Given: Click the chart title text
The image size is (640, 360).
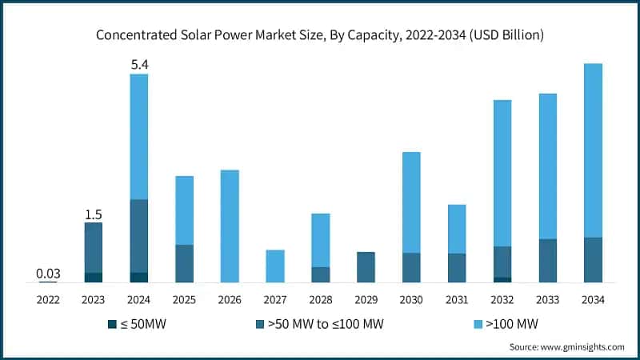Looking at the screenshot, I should (320, 34).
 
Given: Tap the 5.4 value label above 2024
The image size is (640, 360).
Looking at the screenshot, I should (139, 63).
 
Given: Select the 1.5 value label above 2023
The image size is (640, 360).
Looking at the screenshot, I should (94, 214).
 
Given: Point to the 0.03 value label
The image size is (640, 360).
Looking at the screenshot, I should (48, 274).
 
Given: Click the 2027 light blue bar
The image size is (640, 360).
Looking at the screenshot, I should (275, 266).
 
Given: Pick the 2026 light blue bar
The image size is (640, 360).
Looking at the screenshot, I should (230, 226).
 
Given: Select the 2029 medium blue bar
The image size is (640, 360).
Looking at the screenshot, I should (366, 266).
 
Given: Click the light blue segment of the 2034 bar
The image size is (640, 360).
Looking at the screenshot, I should (593, 150).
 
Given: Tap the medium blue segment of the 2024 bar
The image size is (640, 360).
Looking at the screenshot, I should (139, 236).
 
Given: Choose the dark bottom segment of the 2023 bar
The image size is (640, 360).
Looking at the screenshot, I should (94, 277).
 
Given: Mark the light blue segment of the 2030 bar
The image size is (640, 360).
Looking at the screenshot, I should (411, 202).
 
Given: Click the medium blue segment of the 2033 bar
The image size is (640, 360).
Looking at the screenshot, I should (547, 260).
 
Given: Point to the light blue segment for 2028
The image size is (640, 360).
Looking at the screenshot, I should (320, 240).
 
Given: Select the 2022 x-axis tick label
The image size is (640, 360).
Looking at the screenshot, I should (48, 299).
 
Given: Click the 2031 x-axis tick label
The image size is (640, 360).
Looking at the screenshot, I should (457, 299).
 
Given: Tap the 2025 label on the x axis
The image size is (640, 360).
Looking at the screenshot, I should (184, 299).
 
